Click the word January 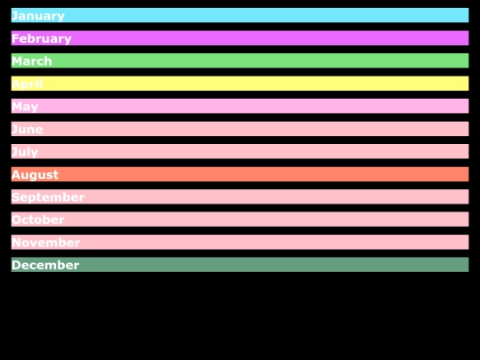[x=38, y=16]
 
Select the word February [x=42, y=38]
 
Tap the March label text [x=32, y=61]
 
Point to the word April [x=28, y=84]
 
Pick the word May [x=25, y=107]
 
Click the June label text [x=28, y=130]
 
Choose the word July [x=25, y=152]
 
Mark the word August [x=36, y=175]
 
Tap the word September [x=48, y=197]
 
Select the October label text [x=38, y=220]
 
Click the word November [x=46, y=243]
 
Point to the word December [x=45, y=265]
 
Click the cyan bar [x=267, y=15]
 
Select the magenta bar [x=267, y=38]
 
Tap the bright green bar [x=267, y=60]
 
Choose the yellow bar [x=267, y=84]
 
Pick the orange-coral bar [x=267, y=174]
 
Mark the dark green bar [x=267, y=265]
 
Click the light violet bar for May [x=267, y=106]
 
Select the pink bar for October [x=267, y=220]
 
